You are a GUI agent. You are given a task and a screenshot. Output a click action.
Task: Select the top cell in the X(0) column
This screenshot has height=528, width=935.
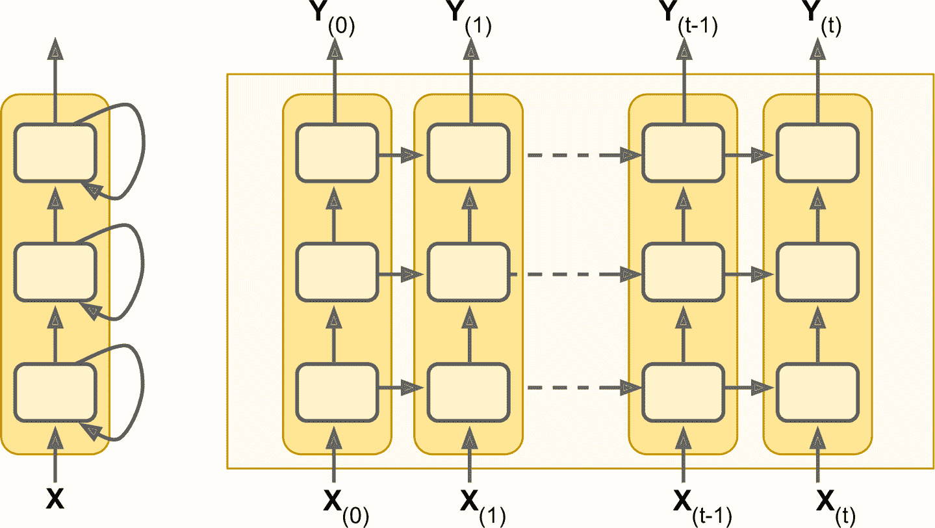click(337, 152)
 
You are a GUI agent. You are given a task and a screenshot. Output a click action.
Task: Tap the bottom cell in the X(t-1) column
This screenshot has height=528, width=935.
click(683, 392)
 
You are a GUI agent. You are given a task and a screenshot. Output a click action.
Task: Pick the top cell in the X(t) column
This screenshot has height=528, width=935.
click(817, 152)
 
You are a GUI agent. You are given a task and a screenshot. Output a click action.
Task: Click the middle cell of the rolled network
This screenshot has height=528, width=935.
click(55, 272)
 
